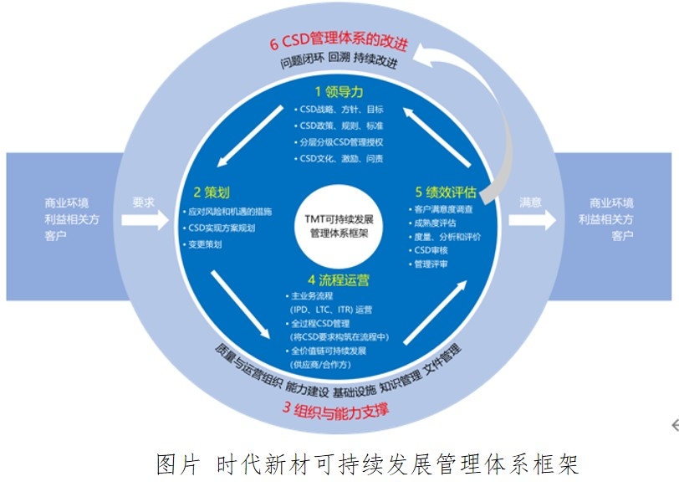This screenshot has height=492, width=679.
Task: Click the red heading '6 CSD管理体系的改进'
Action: [x=339, y=44]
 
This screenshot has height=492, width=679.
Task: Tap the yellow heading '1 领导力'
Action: [x=339, y=90]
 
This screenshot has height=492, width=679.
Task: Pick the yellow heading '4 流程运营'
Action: [x=339, y=279]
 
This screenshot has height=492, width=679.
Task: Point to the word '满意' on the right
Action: [x=530, y=202]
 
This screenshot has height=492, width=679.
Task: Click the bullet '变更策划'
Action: [x=204, y=244]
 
